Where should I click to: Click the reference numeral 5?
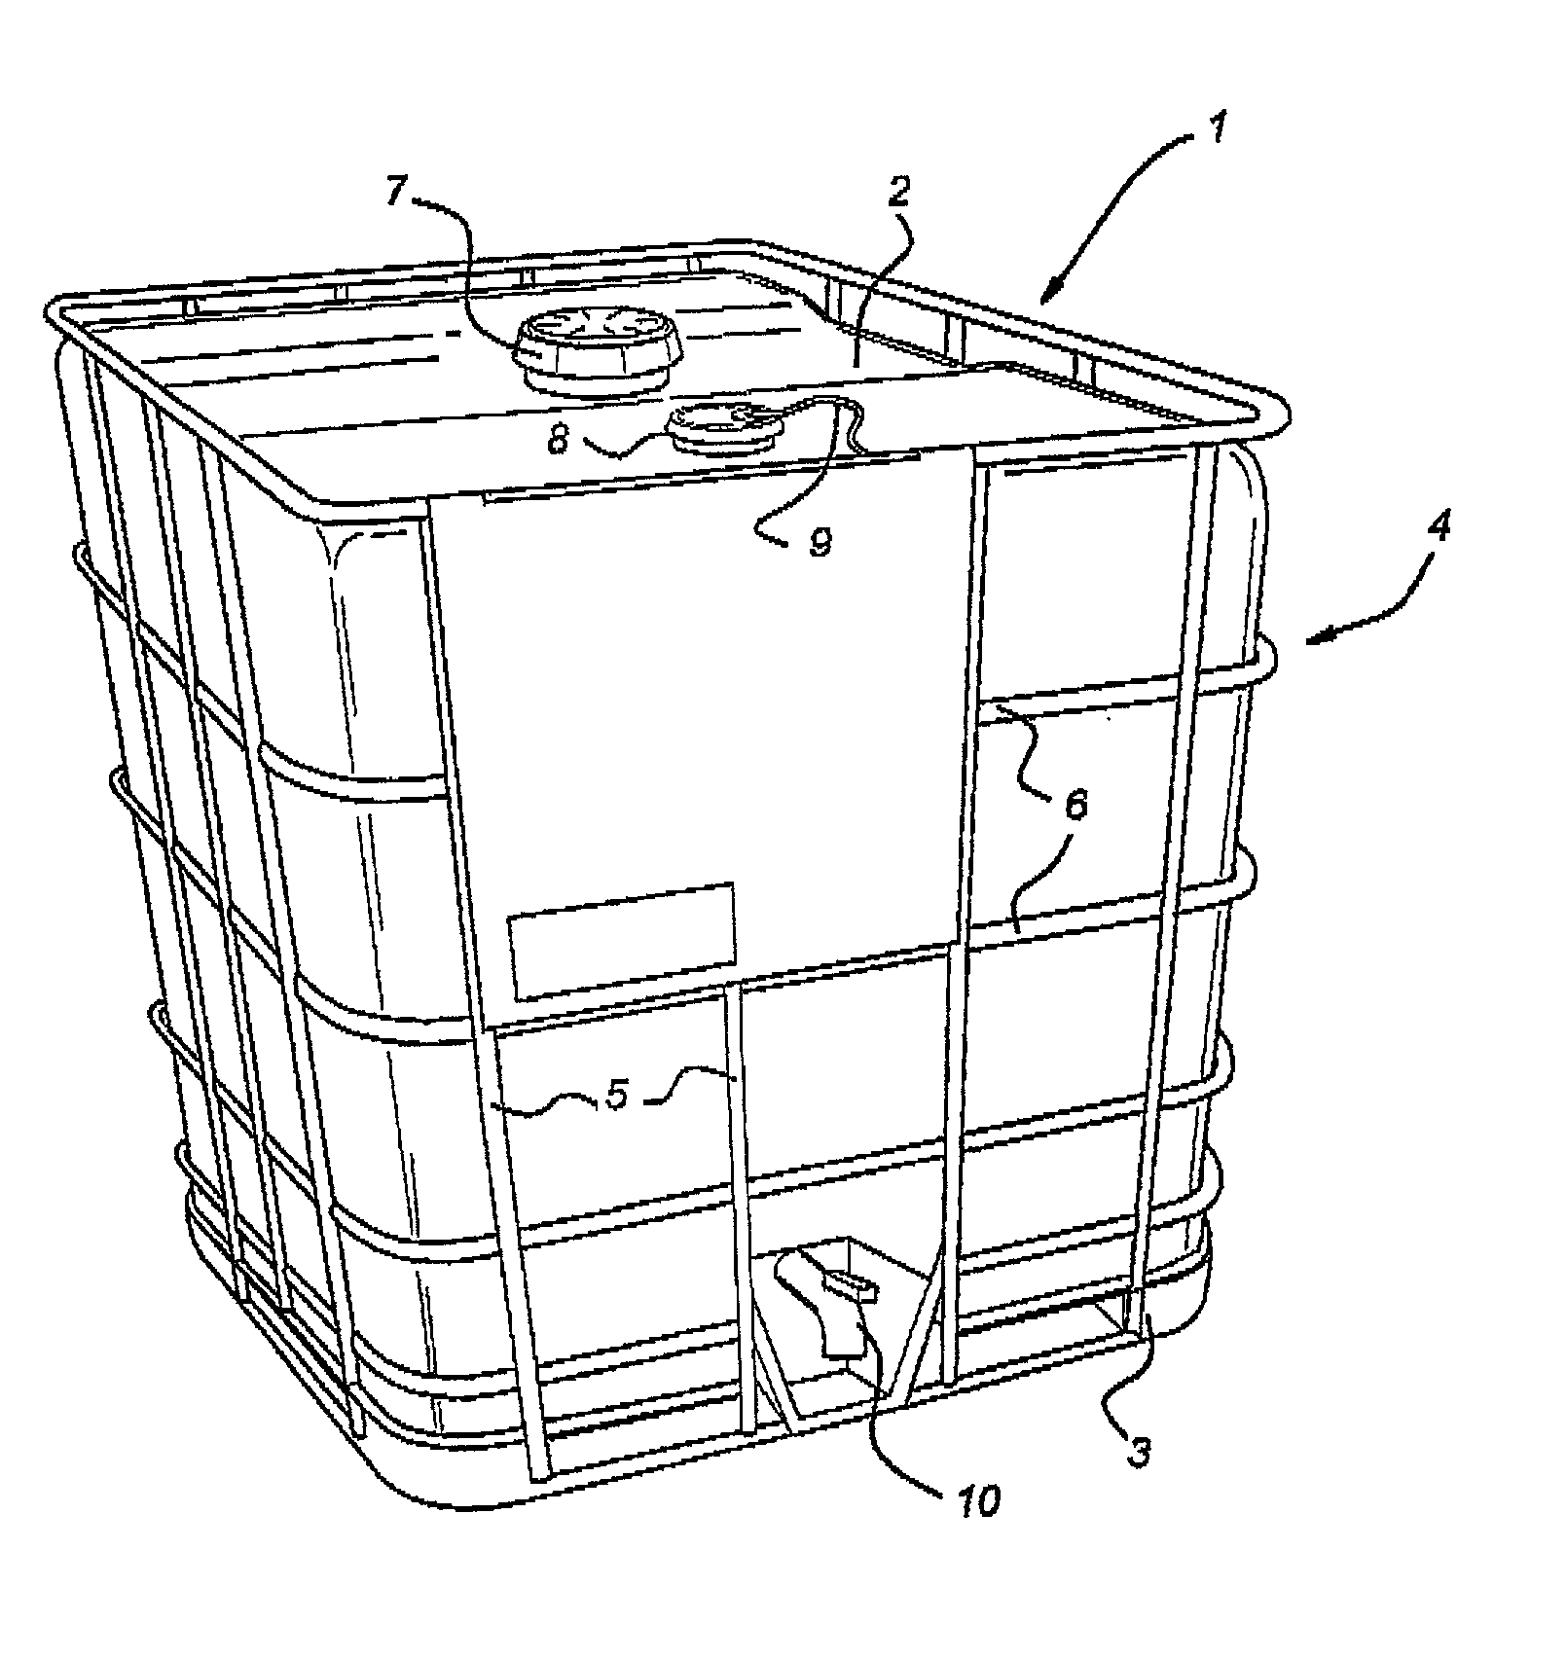tap(616, 1095)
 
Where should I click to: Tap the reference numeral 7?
tap(395, 192)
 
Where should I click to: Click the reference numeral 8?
tap(559, 440)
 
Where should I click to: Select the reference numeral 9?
tap(820, 542)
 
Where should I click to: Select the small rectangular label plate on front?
tap(622, 940)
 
